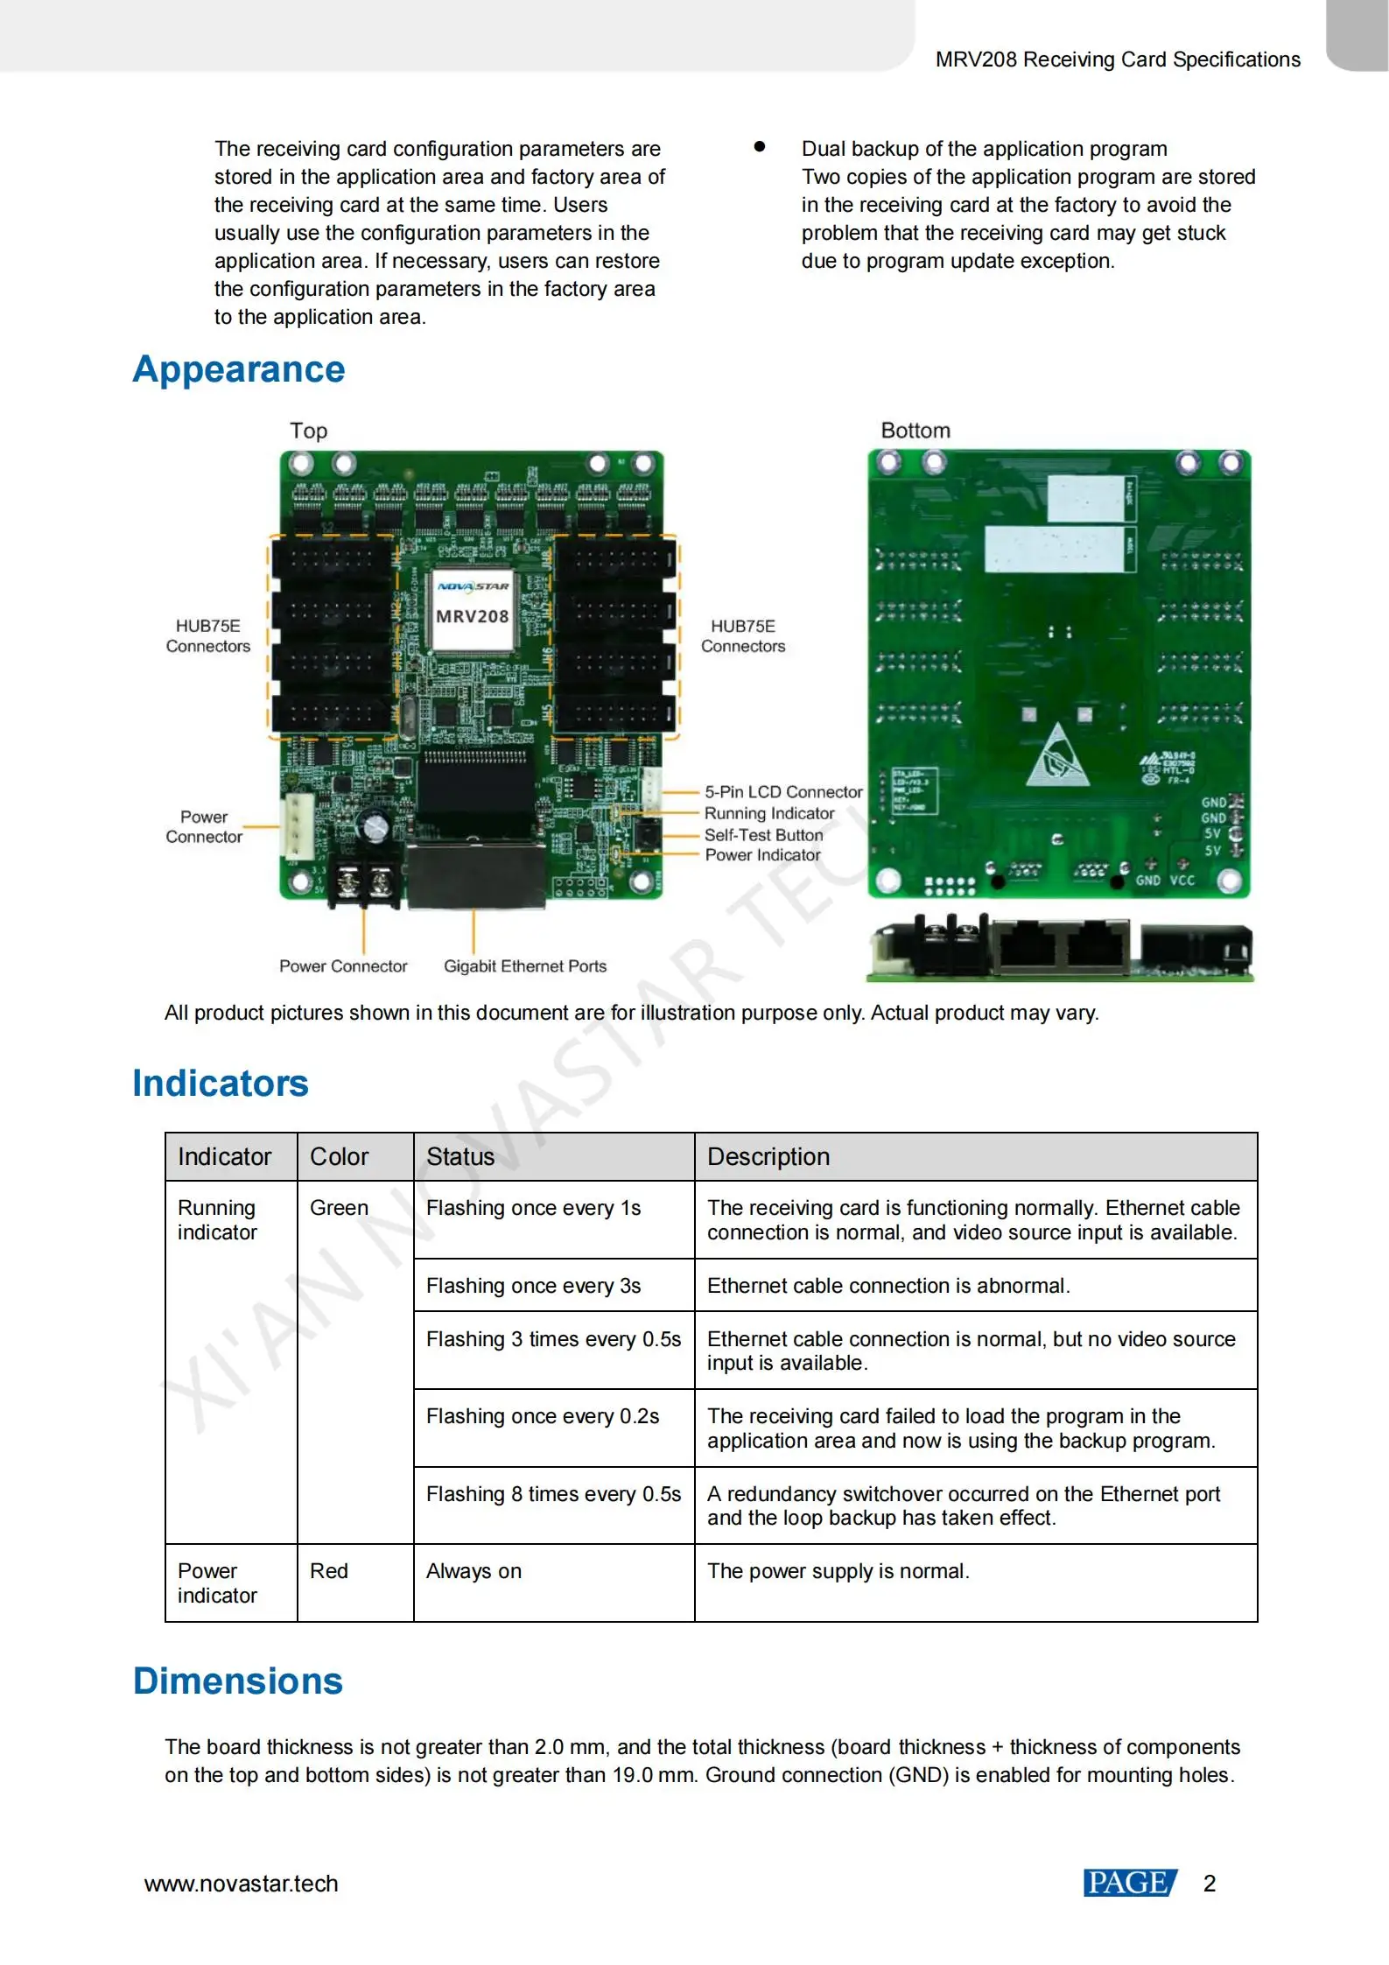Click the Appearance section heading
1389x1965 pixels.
(x=239, y=369)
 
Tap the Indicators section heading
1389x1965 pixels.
(x=221, y=1084)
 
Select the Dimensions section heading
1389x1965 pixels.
(x=238, y=1681)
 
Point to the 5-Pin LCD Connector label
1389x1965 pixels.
(x=783, y=792)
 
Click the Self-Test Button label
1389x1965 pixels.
(x=763, y=835)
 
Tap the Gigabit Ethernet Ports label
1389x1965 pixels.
(x=524, y=966)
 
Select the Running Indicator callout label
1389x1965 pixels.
(x=769, y=813)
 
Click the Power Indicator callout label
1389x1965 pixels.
(x=762, y=855)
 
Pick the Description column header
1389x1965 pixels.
(x=768, y=1157)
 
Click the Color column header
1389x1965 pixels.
(x=340, y=1157)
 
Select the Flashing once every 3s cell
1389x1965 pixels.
(x=533, y=1286)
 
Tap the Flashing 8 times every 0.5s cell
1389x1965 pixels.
(x=553, y=1494)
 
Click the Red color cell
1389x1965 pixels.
(x=329, y=1571)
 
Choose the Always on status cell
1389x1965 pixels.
(x=474, y=1571)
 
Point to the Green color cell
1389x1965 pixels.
(x=340, y=1208)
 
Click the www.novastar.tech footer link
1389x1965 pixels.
(x=242, y=1884)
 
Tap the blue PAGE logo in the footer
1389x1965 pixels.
(x=1129, y=1883)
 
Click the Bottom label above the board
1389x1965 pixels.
(x=915, y=431)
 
